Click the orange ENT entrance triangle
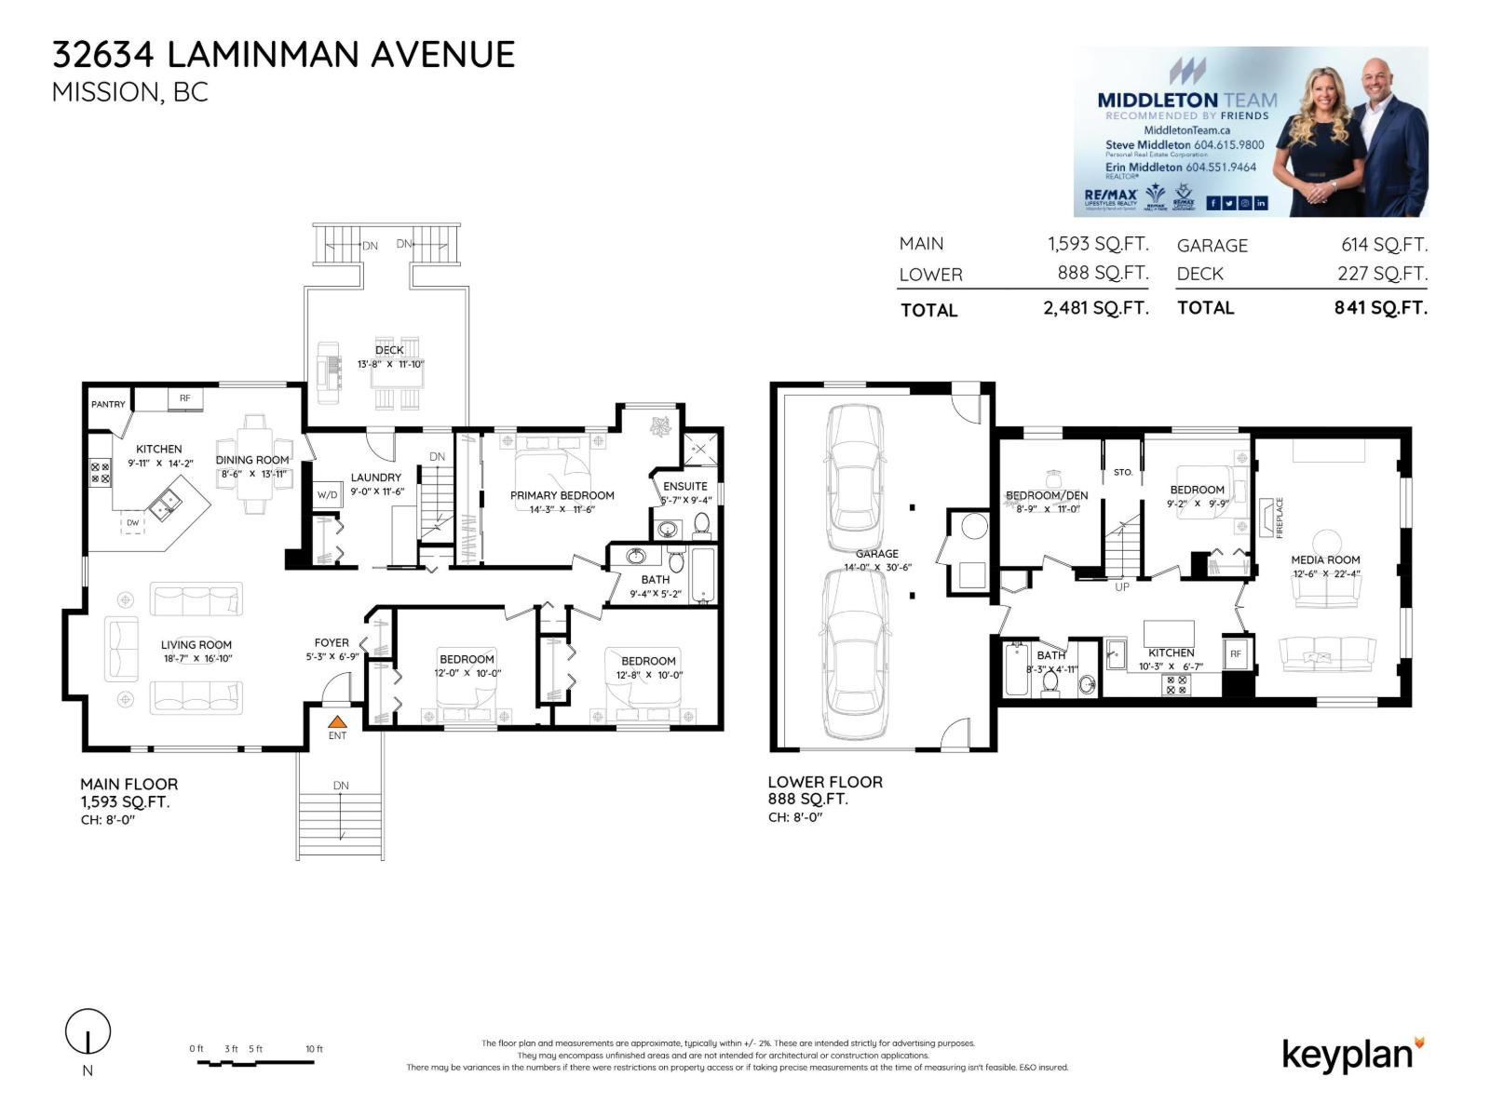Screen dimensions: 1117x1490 (x=337, y=720)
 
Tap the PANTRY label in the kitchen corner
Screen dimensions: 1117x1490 (x=108, y=404)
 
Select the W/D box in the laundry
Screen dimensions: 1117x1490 (x=327, y=495)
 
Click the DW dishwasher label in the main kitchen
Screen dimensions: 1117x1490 (x=132, y=523)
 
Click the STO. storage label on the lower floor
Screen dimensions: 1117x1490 (x=1123, y=472)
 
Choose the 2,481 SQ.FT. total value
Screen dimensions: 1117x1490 (x=1095, y=308)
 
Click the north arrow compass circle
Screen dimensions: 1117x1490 (x=88, y=1031)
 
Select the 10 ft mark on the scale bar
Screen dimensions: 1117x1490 (x=314, y=1049)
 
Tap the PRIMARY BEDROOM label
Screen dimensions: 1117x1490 (x=562, y=495)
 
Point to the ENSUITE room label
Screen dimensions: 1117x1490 (x=685, y=486)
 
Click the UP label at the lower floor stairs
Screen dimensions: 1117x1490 (x=1121, y=587)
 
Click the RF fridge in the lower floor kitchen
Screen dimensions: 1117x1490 (x=1235, y=654)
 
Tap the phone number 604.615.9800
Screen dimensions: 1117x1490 (x=1228, y=145)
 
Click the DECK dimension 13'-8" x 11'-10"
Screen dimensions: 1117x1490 (x=390, y=364)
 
